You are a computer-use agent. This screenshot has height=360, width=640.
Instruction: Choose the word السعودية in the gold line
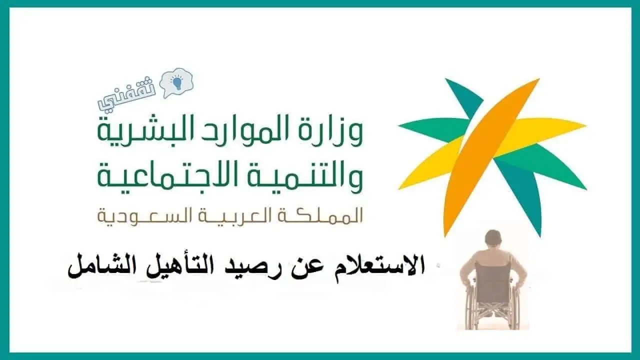140,216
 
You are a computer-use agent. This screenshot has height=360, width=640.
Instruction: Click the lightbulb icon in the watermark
176,81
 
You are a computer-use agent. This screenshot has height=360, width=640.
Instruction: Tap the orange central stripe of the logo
491,156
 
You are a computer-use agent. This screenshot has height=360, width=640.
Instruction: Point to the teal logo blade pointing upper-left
465,95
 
